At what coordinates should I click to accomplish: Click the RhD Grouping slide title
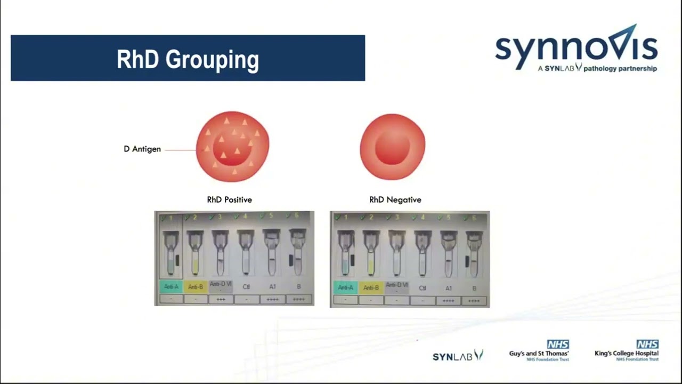(188, 59)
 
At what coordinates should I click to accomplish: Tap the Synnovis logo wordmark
(576, 48)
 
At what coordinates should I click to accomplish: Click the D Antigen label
(142, 149)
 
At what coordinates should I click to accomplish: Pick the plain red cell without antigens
(393, 146)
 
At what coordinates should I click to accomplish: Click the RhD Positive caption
(229, 200)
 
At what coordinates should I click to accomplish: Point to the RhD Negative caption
(395, 200)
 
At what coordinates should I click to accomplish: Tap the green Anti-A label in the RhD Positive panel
(171, 287)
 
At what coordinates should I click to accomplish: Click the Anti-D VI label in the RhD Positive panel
(221, 286)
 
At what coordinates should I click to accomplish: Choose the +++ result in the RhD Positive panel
(221, 300)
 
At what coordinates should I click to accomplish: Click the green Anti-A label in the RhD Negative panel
(345, 288)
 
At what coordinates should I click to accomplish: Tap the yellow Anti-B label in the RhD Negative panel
(371, 288)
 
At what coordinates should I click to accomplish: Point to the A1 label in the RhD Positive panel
(272, 287)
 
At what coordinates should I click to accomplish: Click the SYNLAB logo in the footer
(458, 356)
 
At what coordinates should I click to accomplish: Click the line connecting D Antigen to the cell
(180, 150)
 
